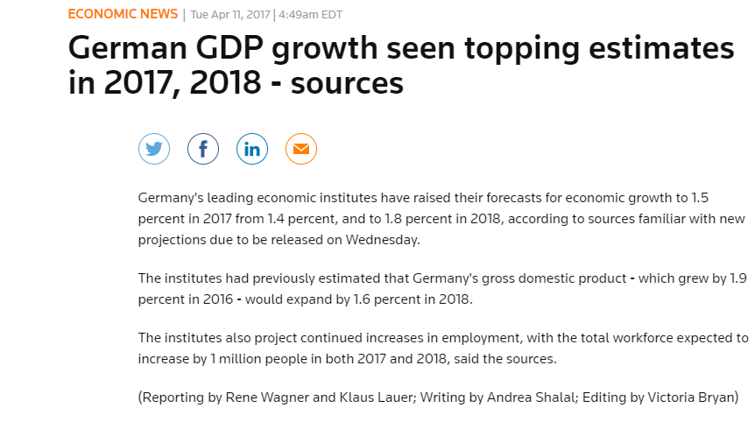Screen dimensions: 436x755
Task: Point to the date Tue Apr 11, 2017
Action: (x=229, y=15)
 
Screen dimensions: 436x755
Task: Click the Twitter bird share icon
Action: (x=154, y=149)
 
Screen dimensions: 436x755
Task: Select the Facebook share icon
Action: (x=203, y=149)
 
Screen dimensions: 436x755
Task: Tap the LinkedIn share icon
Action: (x=252, y=149)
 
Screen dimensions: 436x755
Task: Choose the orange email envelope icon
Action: (x=301, y=149)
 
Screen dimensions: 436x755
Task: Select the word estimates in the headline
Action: (x=666, y=48)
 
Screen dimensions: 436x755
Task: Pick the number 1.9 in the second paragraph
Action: (x=737, y=278)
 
